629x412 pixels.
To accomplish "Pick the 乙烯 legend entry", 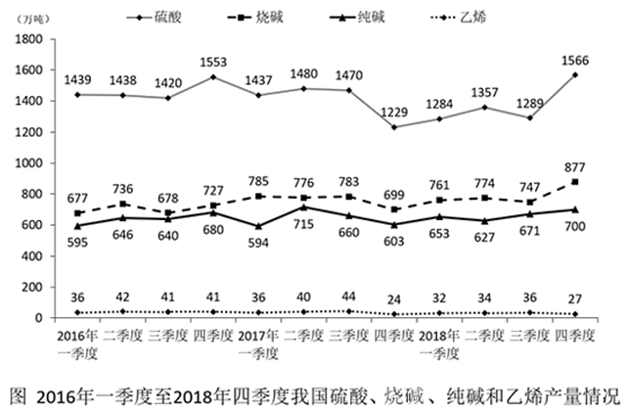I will pyautogui.click(x=473, y=17).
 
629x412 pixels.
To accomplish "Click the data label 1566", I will pyautogui.click(x=573, y=59).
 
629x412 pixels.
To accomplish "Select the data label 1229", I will pyautogui.click(x=393, y=110).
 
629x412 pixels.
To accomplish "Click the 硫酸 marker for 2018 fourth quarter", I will pyautogui.click(x=573, y=74).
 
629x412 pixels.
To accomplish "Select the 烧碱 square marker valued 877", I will pyautogui.click(x=573, y=182).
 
